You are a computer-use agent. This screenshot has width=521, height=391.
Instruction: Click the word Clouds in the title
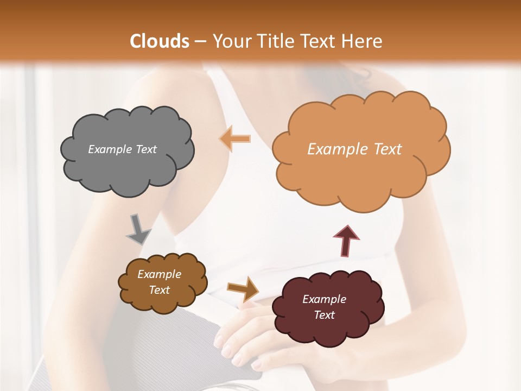pyautogui.click(x=160, y=41)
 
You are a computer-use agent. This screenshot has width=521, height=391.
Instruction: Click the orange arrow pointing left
pyautogui.click(x=235, y=139)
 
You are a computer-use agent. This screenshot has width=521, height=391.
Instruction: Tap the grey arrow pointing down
pyautogui.click(x=138, y=230)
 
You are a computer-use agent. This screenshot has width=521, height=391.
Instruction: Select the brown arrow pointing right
pyautogui.click(x=243, y=288)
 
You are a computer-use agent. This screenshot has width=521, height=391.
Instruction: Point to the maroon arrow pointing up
pyautogui.click(x=346, y=240)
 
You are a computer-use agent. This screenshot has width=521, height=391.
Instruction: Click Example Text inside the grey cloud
pyautogui.click(x=122, y=149)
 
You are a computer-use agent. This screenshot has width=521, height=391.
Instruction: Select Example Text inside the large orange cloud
pyautogui.click(x=354, y=149)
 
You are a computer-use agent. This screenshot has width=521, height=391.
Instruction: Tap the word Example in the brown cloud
pyautogui.click(x=159, y=274)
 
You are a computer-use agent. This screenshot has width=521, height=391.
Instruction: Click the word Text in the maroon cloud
pyautogui.click(x=324, y=315)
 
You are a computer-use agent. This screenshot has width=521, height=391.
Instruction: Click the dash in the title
pyautogui.click(x=199, y=41)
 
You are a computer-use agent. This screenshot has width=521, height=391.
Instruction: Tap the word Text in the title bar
pyautogui.click(x=319, y=41)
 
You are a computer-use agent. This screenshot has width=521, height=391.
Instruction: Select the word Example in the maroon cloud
pyautogui.click(x=324, y=299)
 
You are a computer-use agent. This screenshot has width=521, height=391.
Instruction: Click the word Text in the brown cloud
pyautogui.click(x=159, y=290)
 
